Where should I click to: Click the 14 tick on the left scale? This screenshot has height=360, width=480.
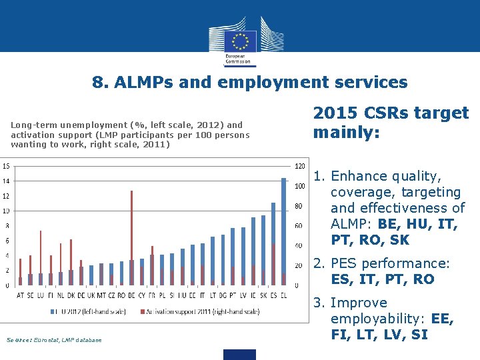5,181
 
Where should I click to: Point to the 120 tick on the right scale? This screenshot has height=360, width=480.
300,165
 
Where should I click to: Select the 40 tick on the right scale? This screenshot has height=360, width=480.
299,245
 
